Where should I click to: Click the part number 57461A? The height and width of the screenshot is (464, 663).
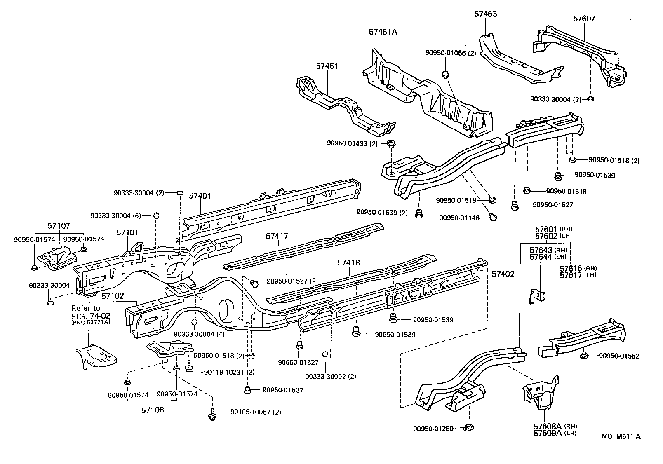pyautogui.click(x=383, y=32)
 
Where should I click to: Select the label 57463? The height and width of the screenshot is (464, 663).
pyautogui.click(x=485, y=14)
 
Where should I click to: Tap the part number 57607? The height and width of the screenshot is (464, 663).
pyautogui.click(x=584, y=19)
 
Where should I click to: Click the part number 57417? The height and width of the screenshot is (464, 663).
pyautogui.click(x=277, y=237)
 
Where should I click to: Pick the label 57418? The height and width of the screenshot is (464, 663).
pyautogui.click(x=348, y=262)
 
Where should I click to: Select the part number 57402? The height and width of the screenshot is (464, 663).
pyautogui.click(x=503, y=274)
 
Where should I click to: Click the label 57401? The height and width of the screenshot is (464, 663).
pyautogui.click(x=200, y=196)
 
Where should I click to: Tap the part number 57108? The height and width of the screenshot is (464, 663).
pyautogui.click(x=152, y=410)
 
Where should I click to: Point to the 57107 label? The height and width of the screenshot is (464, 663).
pyautogui.click(x=59, y=226)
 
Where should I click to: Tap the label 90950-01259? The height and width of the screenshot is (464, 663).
pyautogui.click(x=433, y=429)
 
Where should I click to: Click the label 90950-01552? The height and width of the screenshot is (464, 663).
pyautogui.click(x=619, y=356)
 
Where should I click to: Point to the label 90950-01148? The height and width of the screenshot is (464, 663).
pyautogui.click(x=459, y=218)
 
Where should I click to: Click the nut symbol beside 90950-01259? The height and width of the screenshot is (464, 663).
pyautogui.click(x=468, y=428)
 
